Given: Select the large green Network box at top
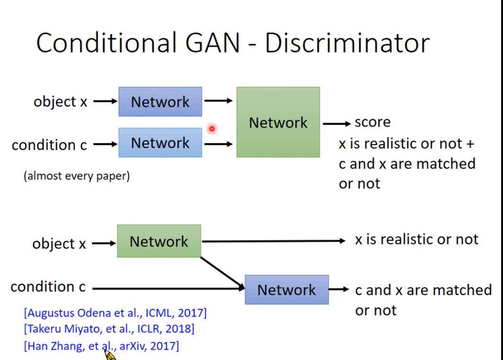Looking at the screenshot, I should coord(278,122).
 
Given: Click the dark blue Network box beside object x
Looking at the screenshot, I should coord(160,101).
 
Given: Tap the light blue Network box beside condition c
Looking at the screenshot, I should coord(160,143).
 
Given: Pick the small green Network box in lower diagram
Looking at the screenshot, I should coord(159,241).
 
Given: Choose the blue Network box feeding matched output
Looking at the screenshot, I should coord(287,289).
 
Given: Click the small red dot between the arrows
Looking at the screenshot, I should coord(212,128).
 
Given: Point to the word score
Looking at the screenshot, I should coord(373,122).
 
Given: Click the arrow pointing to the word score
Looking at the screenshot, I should coord(337,123).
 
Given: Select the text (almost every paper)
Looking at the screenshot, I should coord(77,176).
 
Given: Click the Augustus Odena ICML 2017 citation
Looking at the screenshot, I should coord(115,313).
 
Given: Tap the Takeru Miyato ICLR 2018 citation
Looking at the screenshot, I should coord(109,329).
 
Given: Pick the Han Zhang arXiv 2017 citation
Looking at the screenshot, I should coord(101,346).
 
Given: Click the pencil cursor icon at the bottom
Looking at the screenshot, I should coord(109,354).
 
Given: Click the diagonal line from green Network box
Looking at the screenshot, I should coord(222,272).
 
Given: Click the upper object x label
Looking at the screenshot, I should coord(60,101).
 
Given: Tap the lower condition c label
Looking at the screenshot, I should coord(48,287).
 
